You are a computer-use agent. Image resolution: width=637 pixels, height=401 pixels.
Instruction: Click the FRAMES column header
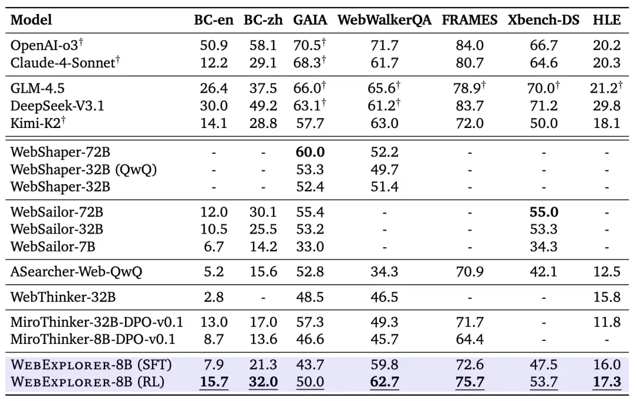469,19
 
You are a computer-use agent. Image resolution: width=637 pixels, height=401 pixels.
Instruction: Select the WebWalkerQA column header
384,19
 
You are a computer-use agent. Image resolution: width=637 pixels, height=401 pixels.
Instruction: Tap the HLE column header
606,19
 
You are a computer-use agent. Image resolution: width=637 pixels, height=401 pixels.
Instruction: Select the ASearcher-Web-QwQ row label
76,272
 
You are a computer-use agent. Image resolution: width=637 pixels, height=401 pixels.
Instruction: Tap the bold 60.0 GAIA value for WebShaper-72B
310,152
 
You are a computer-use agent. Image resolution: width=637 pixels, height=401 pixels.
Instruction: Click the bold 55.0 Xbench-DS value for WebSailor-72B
543,212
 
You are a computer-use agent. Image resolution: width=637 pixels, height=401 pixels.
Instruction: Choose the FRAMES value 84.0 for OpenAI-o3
469,45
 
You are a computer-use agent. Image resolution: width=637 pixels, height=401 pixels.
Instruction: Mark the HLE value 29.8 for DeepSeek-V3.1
606,106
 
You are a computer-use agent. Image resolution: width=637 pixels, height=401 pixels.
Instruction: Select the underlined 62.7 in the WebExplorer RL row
384,382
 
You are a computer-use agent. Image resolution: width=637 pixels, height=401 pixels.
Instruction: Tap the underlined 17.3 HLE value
606,382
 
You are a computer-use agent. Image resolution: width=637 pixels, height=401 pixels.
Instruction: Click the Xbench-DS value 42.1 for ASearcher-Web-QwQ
543,272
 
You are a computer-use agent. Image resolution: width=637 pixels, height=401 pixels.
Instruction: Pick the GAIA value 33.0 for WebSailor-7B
310,246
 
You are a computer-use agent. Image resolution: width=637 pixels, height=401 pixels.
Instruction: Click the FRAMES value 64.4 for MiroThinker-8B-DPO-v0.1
469,339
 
